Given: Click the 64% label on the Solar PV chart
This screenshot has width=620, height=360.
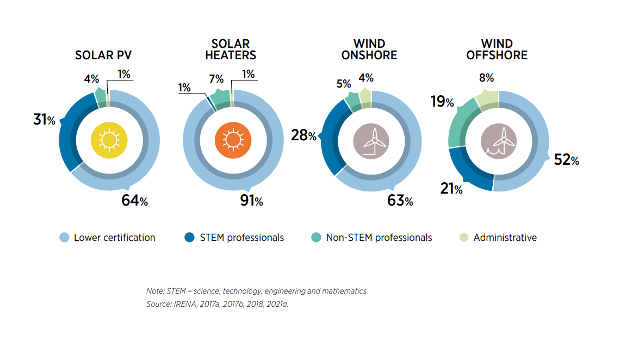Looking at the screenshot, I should click(x=134, y=201).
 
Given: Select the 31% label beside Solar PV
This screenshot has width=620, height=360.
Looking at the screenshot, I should click(x=44, y=120).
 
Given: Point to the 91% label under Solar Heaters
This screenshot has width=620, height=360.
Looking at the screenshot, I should click(x=251, y=201).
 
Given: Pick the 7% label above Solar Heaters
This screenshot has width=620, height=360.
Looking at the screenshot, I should click(x=216, y=79).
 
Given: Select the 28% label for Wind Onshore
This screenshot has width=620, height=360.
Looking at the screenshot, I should click(x=303, y=135).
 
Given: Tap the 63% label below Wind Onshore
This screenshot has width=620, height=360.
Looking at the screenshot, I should click(x=400, y=201).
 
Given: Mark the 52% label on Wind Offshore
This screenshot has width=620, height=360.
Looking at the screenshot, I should click(x=566, y=159).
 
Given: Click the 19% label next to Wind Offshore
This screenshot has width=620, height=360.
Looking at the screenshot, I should click(x=442, y=101).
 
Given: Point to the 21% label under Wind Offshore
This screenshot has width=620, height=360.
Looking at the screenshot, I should click(x=450, y=189).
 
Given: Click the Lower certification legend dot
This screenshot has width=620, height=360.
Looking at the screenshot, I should click(x=64, y=238).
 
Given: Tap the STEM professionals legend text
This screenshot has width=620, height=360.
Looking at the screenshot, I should click(x=241, y=238).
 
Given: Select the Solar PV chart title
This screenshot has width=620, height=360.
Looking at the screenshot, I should click(x=103, y=55).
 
